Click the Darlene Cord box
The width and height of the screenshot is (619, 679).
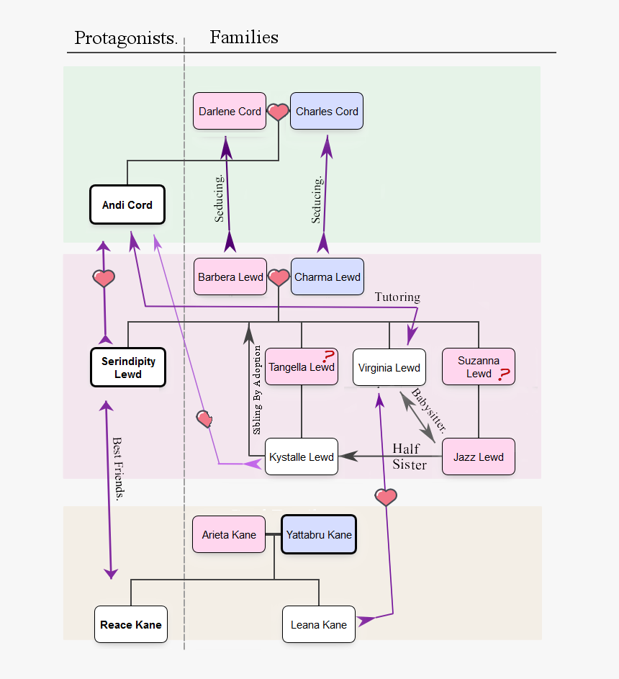coord(230,111)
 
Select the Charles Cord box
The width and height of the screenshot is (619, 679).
coord(327,111)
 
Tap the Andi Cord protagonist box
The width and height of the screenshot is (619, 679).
coord(127,204)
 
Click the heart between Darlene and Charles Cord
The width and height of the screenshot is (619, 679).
coord(278,112)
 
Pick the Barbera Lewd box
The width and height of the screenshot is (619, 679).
coord(230,277)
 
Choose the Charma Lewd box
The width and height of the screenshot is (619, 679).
coord(327,276)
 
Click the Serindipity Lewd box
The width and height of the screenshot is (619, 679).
coord(128,367)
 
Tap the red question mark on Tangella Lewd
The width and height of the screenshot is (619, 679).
coord(328,356)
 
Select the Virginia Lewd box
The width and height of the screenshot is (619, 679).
coord(389,367)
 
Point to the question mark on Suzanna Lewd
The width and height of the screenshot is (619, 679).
coord(504,374)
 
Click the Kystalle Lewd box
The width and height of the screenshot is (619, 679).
coord(301,457)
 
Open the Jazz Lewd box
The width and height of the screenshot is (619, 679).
coord(479,457)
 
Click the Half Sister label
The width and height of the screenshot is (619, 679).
coord(409,457)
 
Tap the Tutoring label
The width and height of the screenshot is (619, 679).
coord(397,297)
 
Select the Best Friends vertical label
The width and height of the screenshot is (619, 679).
coord(119,468)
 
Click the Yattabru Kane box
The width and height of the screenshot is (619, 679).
coord(319,534)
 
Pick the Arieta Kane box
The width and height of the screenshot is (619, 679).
coord(229,534)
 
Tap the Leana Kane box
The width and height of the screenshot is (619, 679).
coord(318,624)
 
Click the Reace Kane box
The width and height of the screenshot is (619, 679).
coord(131,624)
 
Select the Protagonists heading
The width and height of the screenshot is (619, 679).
coord(126,38)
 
